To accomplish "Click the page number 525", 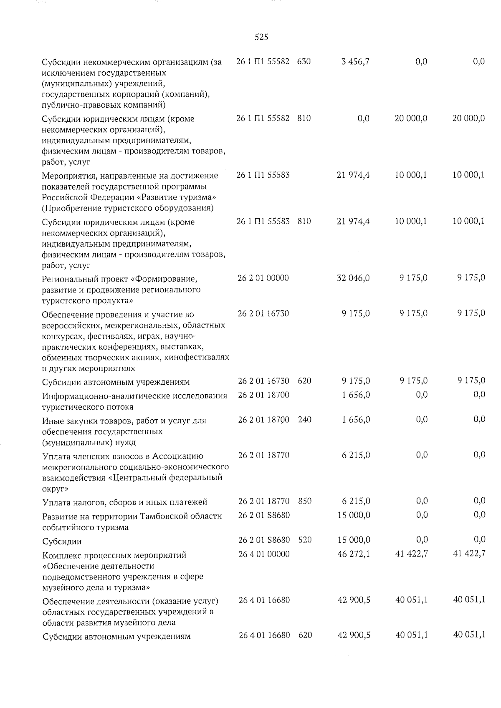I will click(x=261, y=37).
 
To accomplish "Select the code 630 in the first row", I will click(x=304, y=62).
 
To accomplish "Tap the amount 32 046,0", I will click(x=353, y=278).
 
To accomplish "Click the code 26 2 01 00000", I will click(x=263, y=278).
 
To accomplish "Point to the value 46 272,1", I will click(x=353, y=554).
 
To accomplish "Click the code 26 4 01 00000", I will click(x=263, y=554).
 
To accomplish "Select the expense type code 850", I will click(x=305, y=501).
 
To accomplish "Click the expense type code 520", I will click(x=305, y=540).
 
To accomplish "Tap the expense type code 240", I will click(x=305, y=420).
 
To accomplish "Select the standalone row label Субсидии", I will click(x=62, y=542).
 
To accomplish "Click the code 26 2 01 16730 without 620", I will click(x=263, y=313).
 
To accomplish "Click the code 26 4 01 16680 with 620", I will click(x=264, y=635).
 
